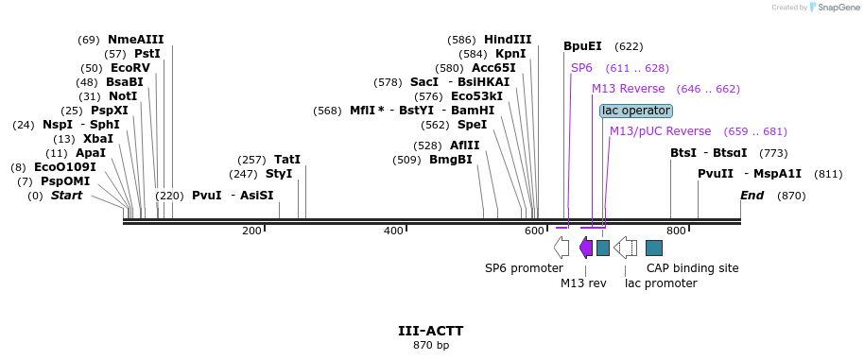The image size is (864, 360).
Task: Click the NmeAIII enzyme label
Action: [135, 40]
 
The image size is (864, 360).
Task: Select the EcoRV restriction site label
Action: [130, 68]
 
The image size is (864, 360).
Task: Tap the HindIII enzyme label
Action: [508, 40]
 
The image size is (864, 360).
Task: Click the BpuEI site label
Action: [582, 45]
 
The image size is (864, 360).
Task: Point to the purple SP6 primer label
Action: [581, 68]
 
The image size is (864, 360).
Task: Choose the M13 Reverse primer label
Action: [628, 89]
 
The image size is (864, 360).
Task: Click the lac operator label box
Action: [636, 111]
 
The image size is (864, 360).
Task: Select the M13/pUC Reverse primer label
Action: [660, 131]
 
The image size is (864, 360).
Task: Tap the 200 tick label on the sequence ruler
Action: [251, 231]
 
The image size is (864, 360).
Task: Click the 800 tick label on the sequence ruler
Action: [676, 231]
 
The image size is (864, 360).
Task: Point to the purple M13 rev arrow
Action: [586, 248]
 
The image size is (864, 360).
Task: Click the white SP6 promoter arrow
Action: [562, 248]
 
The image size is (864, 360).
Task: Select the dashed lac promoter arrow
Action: [625, 248]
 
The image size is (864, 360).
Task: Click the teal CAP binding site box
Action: [654, 248]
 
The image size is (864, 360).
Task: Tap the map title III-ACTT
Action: [430, 332]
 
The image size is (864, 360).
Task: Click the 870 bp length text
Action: [430, 345]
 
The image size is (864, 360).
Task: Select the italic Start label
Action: [66, 196]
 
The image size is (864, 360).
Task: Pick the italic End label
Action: [752, 196]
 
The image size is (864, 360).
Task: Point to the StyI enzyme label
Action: [279, 174]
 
